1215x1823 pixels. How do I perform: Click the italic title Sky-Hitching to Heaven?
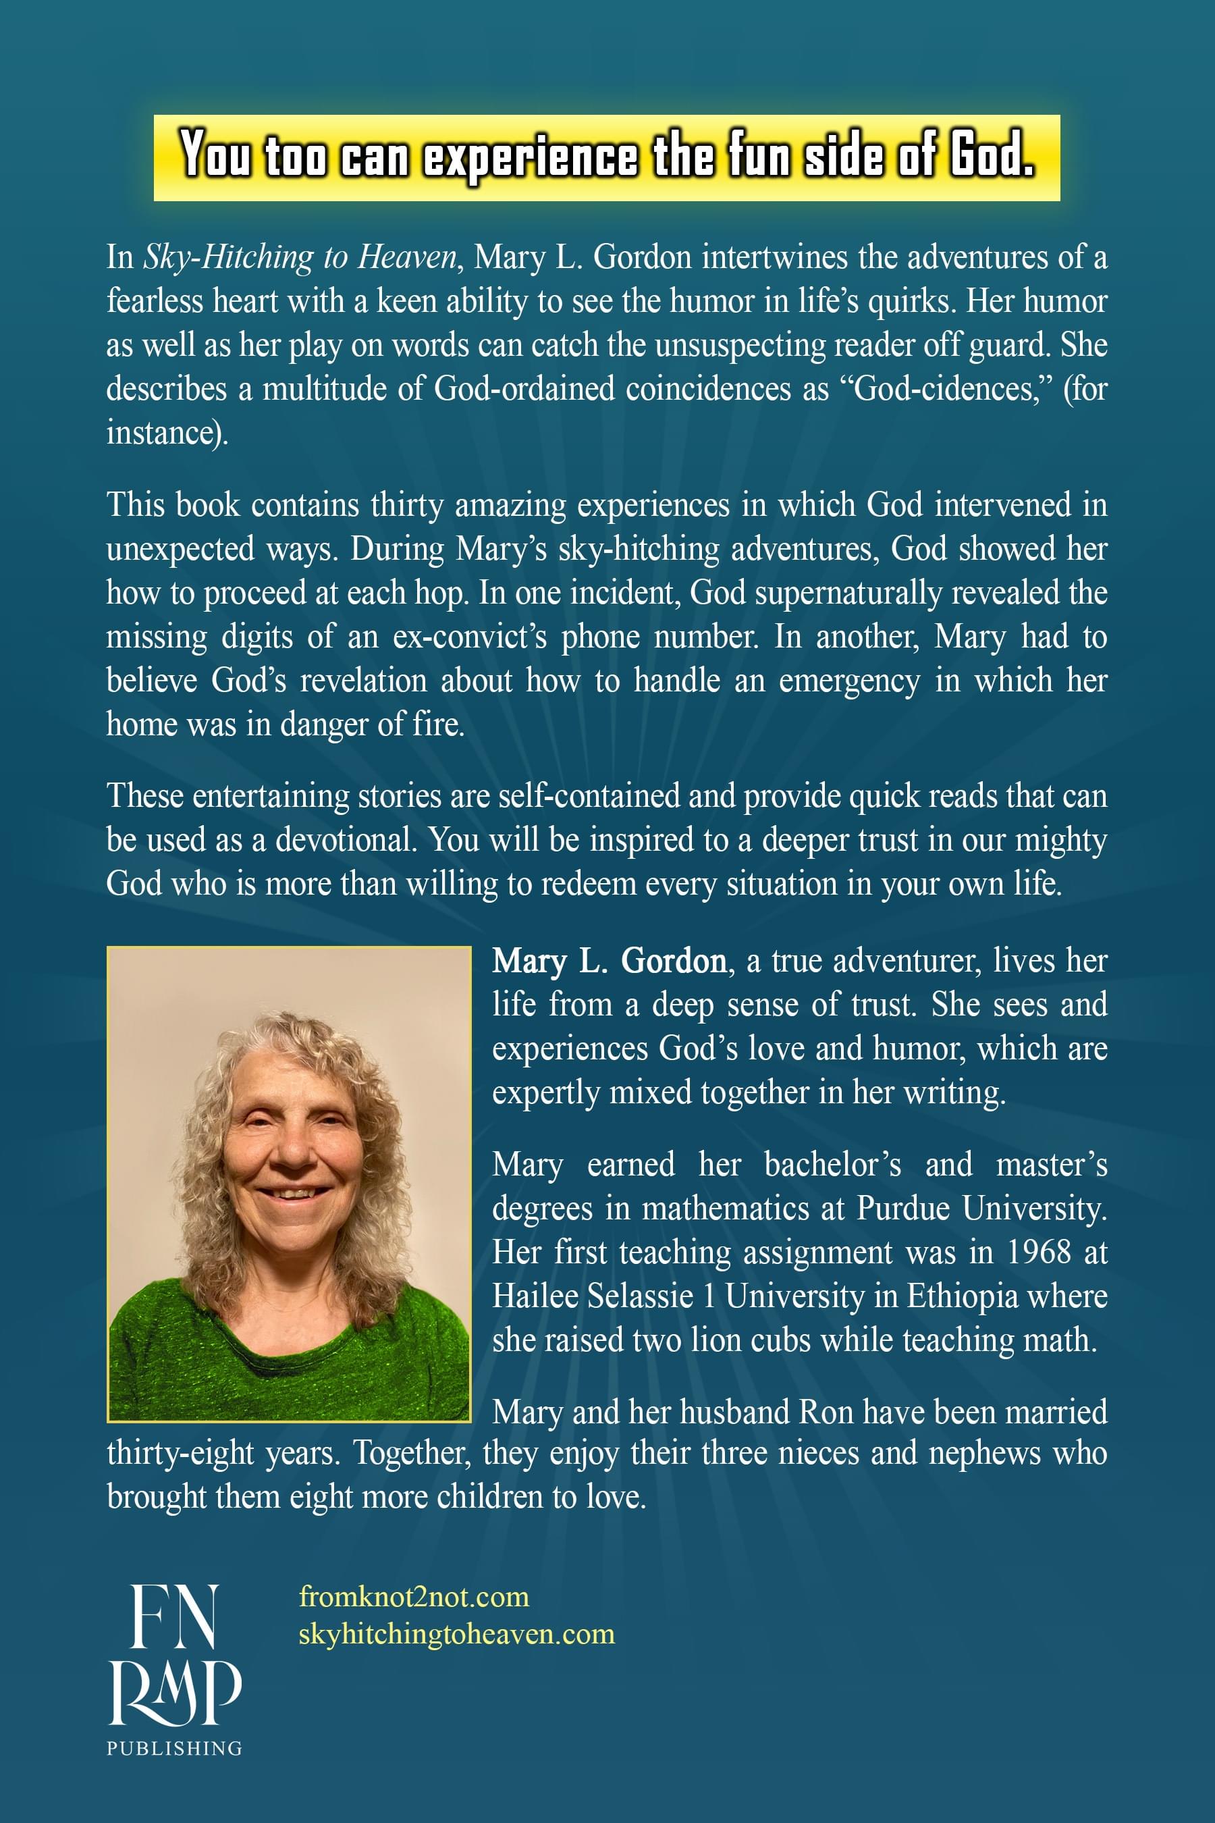coord(300,257)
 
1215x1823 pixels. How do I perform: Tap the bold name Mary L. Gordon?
coord(609,961)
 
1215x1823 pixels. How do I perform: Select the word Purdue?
coord(902,1209)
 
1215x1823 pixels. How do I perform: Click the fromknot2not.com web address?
coord(414,1597)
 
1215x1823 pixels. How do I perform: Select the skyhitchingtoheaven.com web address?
coord(456,1634)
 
